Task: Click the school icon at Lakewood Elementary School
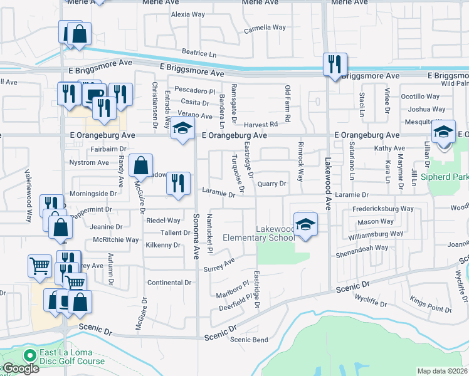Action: pos(305,224)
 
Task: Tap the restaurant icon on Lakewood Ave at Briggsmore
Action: pos(334,64)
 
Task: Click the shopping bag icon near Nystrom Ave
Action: pos(141,166)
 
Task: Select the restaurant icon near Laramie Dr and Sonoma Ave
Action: pos(179,183)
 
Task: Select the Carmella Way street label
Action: pos(265,28)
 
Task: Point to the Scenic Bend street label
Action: pos(249,340)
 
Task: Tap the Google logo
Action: pos(21,369)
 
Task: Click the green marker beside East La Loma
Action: pos(28,355)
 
